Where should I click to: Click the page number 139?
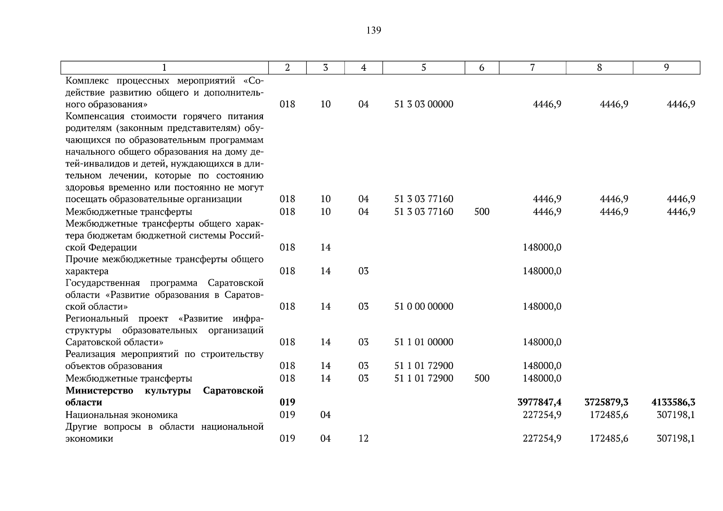(373, 31)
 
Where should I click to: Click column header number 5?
(423, 68)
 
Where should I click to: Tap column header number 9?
(666, 68)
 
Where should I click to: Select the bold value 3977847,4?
(539, 402)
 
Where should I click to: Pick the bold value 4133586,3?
(673, 402)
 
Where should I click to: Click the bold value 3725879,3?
(606, 402)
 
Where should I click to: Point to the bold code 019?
(287, 402)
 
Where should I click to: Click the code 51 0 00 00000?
(423, 307)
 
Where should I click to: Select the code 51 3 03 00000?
(423, 104)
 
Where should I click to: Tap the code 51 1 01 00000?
(423, 342)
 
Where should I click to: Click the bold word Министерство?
(99, 390)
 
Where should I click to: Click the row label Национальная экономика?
(121, 415)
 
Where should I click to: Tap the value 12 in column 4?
(363, 439)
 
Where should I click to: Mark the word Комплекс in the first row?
(86, 81)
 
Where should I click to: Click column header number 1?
(164, 68)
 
